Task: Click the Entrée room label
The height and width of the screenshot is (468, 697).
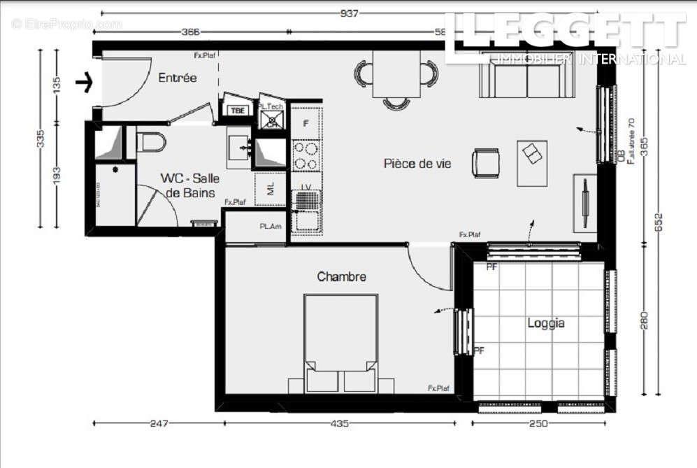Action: coord(178,78)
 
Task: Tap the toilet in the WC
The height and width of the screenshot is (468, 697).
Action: coord(151,142)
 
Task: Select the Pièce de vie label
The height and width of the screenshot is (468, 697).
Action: coord(417,164)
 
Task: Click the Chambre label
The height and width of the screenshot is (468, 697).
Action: coord(341,277)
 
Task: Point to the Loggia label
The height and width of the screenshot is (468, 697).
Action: coord(545,323)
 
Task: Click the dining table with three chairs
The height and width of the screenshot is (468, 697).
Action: coord(396,75)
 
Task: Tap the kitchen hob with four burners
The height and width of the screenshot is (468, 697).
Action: coord(306,155)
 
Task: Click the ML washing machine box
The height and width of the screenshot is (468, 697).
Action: coord(270,189)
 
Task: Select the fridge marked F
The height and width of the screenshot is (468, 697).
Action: coord(306,123)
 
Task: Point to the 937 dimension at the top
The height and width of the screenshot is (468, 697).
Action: coord(350,13)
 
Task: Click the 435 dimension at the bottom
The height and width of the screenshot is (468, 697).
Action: coord(339,423)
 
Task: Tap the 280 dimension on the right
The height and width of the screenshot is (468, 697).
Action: coord(644,321)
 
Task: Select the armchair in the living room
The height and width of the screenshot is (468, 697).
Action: coord(485,162)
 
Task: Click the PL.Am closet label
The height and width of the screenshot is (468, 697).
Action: coord(271,227)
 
